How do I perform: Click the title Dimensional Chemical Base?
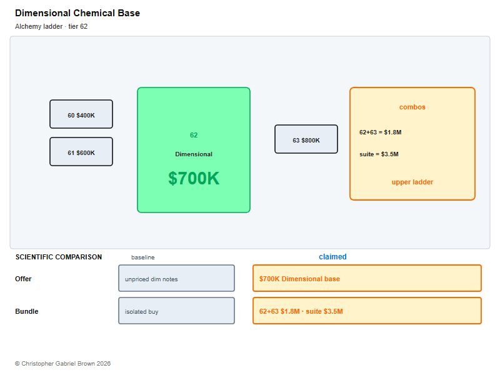click(77, 13)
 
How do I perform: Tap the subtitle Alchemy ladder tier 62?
click(51, 26)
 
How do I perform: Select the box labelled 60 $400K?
click(81, 114)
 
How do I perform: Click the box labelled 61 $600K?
click(81, 152)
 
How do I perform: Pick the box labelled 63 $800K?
click(306, 139)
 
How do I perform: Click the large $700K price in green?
click(194, 178)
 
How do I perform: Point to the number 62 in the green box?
click(194, 135)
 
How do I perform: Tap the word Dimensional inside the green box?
click(194, 154)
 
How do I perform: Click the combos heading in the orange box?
click(412, 107)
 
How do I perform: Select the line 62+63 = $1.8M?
click(381, 132)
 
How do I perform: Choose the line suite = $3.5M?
click(379, 154)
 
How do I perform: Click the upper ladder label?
click(412, 182)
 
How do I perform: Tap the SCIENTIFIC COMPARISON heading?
click(59, 257)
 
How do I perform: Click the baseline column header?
click(143, 257)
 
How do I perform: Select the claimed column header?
click(332, 257)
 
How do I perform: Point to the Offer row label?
click(23, 279)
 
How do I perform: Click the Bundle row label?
click(27, 311)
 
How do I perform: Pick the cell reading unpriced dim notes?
click(177, 278)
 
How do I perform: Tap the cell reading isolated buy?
click(177, 311)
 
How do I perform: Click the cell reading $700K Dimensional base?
click(367, 278)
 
